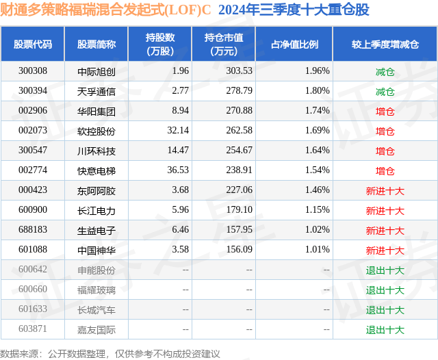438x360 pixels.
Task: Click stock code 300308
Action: (x=33, y=71)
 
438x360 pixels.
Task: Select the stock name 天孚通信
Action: (x=96, y=91)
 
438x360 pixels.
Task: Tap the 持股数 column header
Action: (x=160, y=44)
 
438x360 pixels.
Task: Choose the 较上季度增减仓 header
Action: (x=385, y=44)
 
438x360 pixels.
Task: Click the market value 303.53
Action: (x=239, y=71)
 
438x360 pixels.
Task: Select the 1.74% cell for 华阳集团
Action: (x=317, y=111)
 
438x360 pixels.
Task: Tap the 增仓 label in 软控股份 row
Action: (x=385, y=131)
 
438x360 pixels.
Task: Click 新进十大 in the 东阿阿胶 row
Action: (x=385, y=190)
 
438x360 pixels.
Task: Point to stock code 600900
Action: (x=33, y=210)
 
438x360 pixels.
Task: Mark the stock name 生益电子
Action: (x=96, y=230)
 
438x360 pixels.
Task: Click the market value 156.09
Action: (x=239, y=250)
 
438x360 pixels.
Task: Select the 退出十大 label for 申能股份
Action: (x=385, y=270)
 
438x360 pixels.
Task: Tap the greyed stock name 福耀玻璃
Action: (x=96, y=290)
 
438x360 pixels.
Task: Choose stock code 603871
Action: (x=33, y=329)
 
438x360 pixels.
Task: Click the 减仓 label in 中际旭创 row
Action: (x=385, y=71)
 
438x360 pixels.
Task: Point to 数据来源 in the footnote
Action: (x=18, y=353)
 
